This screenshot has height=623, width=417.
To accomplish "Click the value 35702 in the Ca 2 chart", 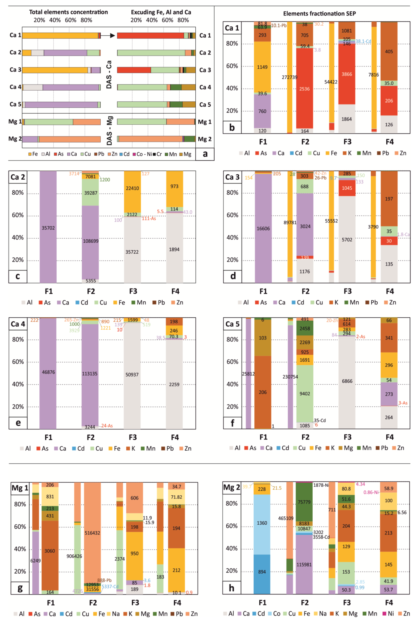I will (48, 228).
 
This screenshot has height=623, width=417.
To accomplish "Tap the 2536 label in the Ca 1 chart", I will (304, 89).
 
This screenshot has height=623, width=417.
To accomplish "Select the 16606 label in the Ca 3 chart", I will (263, 229).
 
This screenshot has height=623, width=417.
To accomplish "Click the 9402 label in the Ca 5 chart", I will (305, 394).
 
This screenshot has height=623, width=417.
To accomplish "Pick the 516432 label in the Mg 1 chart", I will (92, 533).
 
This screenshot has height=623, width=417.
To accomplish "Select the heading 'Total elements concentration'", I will (68, 12).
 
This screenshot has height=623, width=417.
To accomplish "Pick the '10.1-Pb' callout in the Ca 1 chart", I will (279, 26).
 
